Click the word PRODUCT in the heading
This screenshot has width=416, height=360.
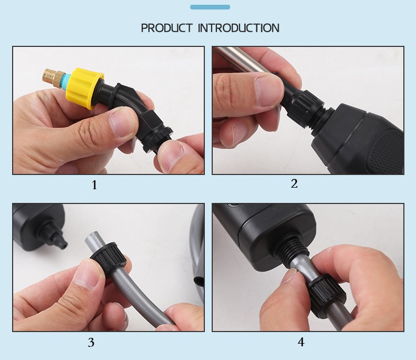pos(167,28)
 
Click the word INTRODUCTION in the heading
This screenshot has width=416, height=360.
pos(239,28)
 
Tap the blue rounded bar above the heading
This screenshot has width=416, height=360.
pos(210,7)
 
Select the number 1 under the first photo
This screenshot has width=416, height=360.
pos(94,185)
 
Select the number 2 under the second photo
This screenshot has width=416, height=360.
pos(294,183)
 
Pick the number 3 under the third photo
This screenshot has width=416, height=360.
pos(91,343)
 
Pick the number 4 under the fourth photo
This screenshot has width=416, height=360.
pos(301,342)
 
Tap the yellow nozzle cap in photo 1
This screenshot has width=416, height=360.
pos(84,87)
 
